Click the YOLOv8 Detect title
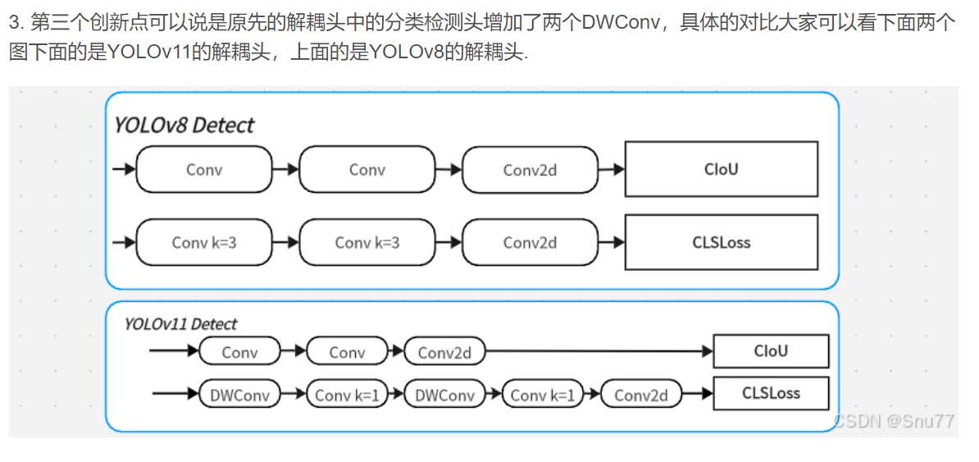184,125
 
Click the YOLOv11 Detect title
180,324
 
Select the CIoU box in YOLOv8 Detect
721,169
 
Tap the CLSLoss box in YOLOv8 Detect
721,242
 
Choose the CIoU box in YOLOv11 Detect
771,351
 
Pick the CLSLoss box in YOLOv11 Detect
771,393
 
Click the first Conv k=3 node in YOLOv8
204,242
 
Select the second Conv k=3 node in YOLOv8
367,242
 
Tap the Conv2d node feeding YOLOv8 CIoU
530,170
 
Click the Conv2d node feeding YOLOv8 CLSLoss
530,242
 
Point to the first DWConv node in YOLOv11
239,395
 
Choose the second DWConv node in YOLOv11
444,395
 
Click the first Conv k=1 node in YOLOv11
347,395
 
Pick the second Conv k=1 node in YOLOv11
542,395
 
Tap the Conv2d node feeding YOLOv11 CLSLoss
640,395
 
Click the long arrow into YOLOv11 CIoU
599,352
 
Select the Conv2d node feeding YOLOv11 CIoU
444,352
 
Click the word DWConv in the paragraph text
621,22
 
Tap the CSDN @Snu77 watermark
894,421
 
